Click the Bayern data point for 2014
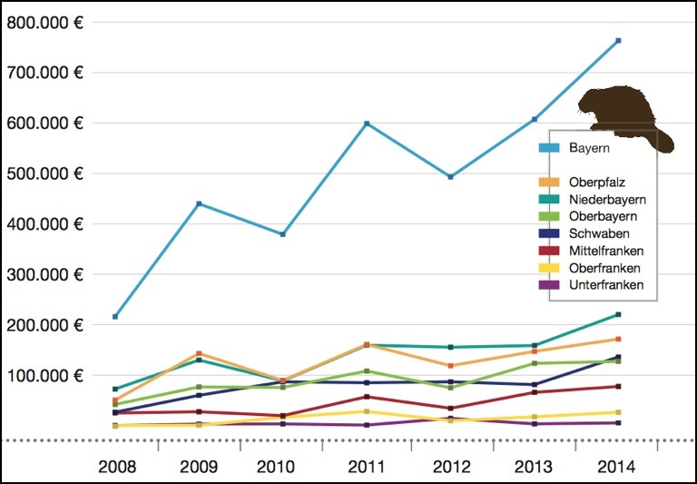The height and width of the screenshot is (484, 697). (x=618, y=41)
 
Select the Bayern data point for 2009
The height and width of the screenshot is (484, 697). (x=199, y=203)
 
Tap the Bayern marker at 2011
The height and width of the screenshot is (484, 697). (x=367, y=123)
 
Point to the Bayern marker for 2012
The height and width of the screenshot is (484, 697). (x=450, y=177)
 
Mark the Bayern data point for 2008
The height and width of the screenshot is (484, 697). (x=115, y=317)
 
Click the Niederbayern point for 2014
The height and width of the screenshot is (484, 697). (x=618, y=314)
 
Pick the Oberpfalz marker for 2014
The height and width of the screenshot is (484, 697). (x=618, y=340)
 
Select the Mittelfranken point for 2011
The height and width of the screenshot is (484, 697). (x=367, y=397)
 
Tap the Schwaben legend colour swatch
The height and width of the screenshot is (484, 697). (x=547, y=233)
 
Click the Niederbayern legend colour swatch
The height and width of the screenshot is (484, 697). (x=547, y=199)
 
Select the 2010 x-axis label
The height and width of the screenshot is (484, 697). (x=282, y=468)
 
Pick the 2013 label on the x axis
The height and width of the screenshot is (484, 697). (x=535, y=468)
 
